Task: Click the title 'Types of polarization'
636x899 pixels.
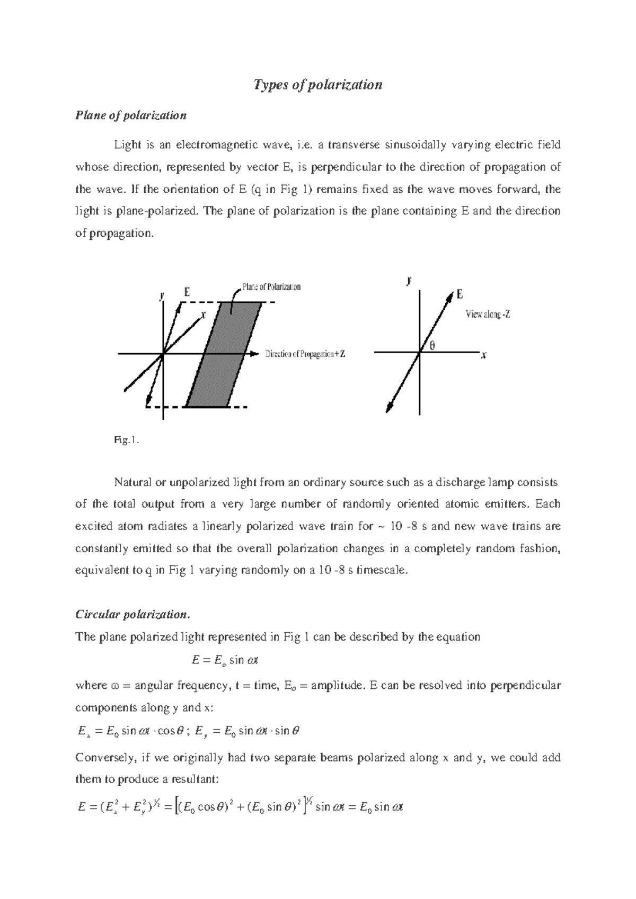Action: click(x=318, y=85)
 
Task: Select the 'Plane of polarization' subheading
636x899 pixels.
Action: click(x=131, y=115)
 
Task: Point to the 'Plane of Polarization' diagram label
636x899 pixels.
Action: click(x=271, y=287)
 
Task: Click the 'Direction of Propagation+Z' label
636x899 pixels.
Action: click(x=305, y=354)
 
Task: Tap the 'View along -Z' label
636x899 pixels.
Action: click(x=488, y=314)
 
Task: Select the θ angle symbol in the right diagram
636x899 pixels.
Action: click(x=431, y=346)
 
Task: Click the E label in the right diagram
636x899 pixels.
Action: click(x=460, y=295)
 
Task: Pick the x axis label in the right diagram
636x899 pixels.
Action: click(x=483, y=356)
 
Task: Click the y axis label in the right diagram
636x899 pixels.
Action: click(x=409, y=281)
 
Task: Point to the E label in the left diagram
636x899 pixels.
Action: click(x=187, y=292)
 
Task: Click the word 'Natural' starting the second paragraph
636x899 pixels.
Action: click(x=132, y=482)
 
